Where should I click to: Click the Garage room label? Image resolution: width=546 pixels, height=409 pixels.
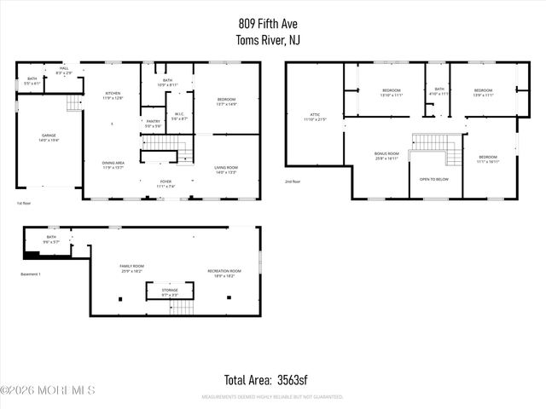pos(49,137)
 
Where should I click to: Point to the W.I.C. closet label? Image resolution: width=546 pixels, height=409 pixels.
pos(180,116)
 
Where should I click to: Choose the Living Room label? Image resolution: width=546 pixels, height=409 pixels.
pos(226,170)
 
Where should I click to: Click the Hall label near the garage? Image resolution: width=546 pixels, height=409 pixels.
pos(64,70)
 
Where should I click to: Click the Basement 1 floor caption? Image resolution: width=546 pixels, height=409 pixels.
pos(32,274)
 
